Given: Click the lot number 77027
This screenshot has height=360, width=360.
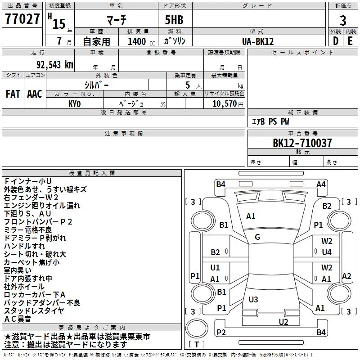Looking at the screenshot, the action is pyautogui.click(x=22, y=19).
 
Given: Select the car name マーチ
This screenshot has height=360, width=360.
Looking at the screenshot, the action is pyautogui.click(x=117, y=20).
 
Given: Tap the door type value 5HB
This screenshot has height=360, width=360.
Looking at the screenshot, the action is pyautogui.click(x=174, y=20).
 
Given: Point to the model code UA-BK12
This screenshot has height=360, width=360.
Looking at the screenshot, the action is pyautogui.click(x=258, y=41).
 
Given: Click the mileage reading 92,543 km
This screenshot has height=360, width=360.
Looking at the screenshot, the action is pyautogui.click(x=55, y=65).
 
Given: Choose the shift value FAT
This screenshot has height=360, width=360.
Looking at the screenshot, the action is pyautogui.click(x=13, y=94).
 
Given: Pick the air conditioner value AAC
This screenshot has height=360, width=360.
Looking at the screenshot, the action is pyautogui.click(x=35, y=94).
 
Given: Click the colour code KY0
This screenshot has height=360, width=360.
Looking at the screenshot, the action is pyautogui.click(x=74, y=104).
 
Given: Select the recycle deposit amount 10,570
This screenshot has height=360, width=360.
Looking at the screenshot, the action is pyautogui.click(x=224, y=103).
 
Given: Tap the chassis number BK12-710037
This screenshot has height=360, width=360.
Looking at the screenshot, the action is pyautogui.click(x=302, y=143).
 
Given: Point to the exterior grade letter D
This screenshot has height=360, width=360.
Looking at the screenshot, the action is pyautogui.click(x=336, y=41).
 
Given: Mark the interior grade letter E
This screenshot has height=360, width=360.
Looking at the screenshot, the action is pyautogui.click(x=350, y=41).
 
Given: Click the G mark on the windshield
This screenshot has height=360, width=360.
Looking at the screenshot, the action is pyautogui.click(x=257, y=237).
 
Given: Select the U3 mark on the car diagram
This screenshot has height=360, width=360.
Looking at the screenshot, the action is pyautogui.click(x=253, y=299).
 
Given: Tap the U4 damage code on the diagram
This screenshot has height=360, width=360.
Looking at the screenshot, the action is pyautogui.click(x=327, y=252).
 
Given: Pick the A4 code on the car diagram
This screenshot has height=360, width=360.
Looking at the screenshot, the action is pyautogui.click(x=321, y=184).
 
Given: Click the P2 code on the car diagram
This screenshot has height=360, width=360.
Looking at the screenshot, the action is pyautogui.click(x=221, y=332).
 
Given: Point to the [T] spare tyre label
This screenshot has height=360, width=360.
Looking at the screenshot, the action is pyautogui.click(x=197, y=344).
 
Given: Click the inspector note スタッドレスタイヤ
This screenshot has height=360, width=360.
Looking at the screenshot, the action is pyautogui.click(x=34, y=311).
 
